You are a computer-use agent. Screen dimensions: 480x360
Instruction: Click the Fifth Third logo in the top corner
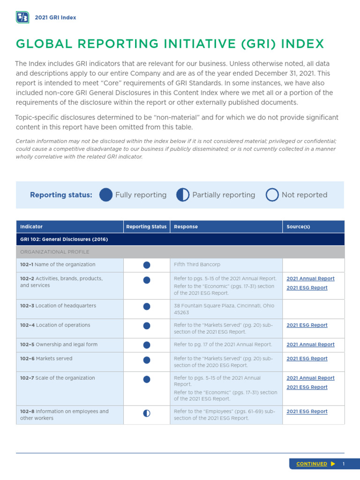point(22,18)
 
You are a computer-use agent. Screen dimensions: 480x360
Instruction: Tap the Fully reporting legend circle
point(106,195)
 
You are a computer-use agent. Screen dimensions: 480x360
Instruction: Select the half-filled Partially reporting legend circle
point(183,195)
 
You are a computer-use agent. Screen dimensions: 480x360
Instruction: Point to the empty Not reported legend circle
point(272,195)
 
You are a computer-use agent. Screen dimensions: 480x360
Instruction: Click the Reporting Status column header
point(146,227)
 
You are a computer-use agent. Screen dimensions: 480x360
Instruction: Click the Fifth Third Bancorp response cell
point(194,265)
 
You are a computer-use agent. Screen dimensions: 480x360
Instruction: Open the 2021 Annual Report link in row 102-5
point(310,345)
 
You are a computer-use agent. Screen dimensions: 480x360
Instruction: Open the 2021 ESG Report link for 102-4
point(307,325)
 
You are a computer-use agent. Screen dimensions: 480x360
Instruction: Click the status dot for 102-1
point(147,265)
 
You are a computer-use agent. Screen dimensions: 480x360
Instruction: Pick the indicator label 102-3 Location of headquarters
point(58,306)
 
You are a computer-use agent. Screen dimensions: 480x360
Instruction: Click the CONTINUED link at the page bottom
point(312,464)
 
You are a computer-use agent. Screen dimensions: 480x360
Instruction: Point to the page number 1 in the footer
point(344,464)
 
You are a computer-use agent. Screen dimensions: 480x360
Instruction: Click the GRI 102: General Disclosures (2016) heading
point(64,240)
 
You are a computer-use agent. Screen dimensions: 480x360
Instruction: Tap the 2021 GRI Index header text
point(55,18)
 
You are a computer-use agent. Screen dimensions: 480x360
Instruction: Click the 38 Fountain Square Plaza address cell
point(224,309)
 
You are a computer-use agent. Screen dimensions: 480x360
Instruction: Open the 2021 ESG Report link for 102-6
point(307,359)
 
